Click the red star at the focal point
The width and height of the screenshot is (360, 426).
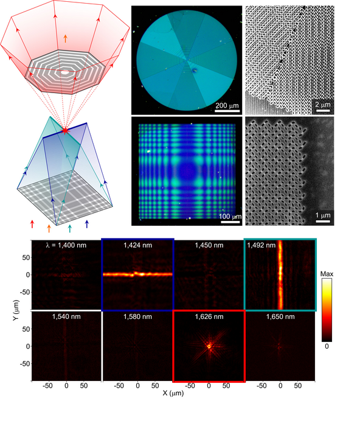[65, 130]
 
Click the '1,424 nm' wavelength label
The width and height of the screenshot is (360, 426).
[137, 245]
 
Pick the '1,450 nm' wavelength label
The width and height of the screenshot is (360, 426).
[209, 245]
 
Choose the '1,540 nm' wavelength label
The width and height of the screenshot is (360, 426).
[66, 316]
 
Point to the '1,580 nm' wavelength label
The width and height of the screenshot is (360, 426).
[137, 316]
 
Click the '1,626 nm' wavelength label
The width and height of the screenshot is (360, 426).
[209, 316]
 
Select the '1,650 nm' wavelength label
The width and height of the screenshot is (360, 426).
[280, 316]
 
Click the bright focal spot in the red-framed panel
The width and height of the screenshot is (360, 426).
[209, 346]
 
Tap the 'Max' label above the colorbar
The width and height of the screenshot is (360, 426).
[328, 276]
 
